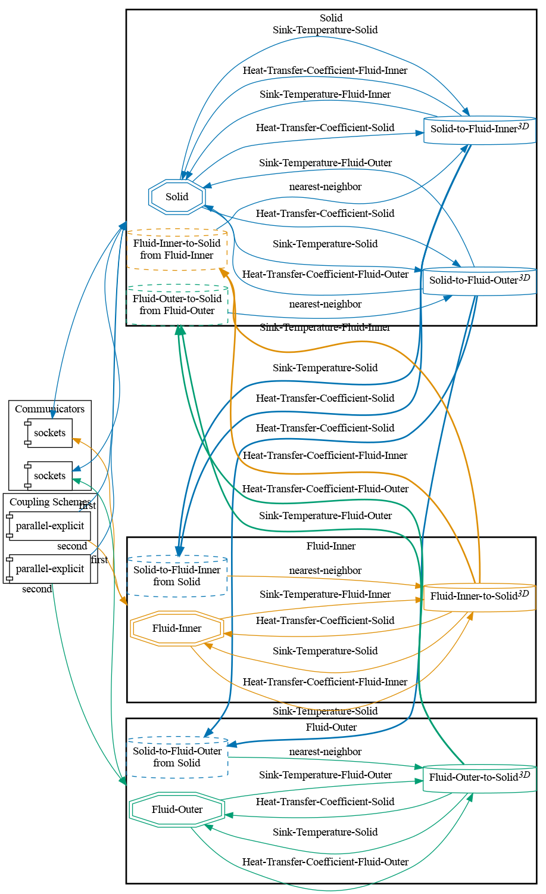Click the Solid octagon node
click(177, 197)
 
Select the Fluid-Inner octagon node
click(177, 628)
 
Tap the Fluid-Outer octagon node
click(177, 809)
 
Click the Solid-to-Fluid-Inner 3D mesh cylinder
click(479, 129)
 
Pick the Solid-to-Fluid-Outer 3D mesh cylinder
click(479, 280)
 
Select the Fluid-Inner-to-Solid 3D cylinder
click(479, 597)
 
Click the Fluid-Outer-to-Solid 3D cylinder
click(479, 777)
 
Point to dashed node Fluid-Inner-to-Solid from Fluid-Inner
click(177, 249)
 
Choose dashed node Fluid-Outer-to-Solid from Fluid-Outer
click(177, 305)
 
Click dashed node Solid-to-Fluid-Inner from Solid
click(177, 576)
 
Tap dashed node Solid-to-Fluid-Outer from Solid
click(177, 757)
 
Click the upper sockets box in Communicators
click(49, 433)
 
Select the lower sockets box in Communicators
click(49, 476)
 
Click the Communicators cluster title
click(49, 409)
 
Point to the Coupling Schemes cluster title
click(50, 502)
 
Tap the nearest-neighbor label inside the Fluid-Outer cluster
click(325, 752)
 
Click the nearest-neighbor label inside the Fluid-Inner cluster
click(325, 570)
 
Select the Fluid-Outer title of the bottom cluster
click(331, 727)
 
